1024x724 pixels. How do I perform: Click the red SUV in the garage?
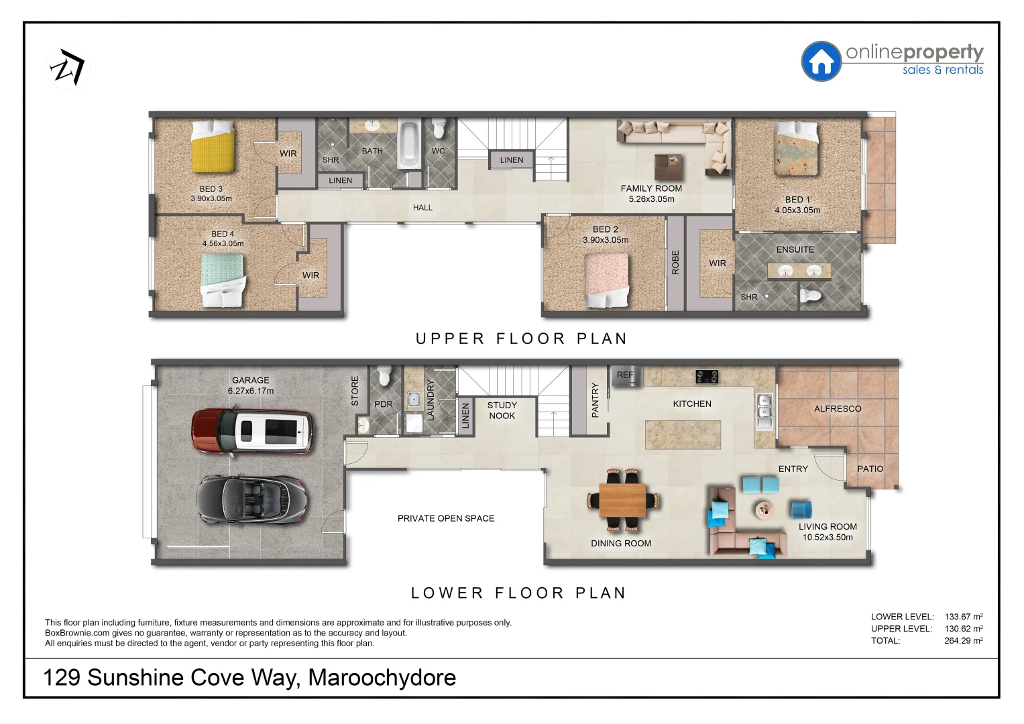(252, 430)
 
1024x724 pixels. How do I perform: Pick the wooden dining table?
(622, 500)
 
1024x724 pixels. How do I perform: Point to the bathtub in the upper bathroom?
(408, 144)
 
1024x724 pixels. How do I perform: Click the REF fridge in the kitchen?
(625, 376)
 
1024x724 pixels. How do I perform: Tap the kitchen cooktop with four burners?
(706, 377)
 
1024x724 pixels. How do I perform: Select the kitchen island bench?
(683, 435)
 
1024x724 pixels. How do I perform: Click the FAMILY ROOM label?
(651, 188)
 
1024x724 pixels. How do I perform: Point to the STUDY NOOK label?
(502, 410)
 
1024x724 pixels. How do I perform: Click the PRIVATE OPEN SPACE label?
(446, 518)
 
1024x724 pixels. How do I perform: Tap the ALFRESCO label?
(838, 408)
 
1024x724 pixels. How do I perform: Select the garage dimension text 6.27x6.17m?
(251, 391)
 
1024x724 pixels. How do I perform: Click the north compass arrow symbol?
(68, 68)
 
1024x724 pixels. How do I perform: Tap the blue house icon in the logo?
(821, 62)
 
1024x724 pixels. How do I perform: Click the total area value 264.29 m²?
(963, 641)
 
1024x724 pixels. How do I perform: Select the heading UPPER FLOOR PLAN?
(521, 339)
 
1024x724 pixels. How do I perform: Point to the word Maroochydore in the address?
(382, 678)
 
